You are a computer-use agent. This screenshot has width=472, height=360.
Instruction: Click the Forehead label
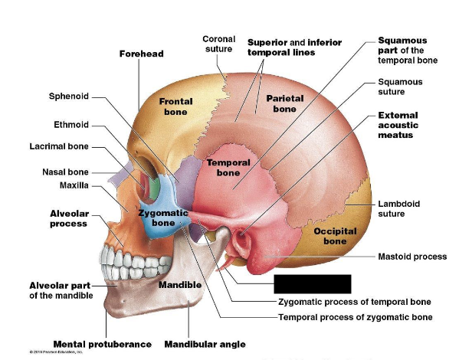coord(141,54)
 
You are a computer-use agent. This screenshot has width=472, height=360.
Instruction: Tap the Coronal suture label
coord(218,44)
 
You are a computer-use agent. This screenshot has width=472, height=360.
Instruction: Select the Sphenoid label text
coord(69,97)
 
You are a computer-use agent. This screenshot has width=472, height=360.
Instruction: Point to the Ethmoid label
coord(71,125)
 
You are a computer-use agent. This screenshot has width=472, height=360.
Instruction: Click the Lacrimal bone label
coord(59,146)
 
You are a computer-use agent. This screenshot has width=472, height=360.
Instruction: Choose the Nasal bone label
coord(65,172)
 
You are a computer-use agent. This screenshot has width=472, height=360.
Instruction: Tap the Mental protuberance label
coord(102,344)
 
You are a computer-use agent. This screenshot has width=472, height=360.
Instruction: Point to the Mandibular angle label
coord(205,344)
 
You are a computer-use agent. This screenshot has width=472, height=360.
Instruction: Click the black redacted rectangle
coord(312,283)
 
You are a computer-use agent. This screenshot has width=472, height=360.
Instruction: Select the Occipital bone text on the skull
coord(334,236)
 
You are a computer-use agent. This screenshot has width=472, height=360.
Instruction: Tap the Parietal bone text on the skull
coord(284,103)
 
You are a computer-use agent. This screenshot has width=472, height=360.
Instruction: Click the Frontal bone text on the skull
coord(175,106)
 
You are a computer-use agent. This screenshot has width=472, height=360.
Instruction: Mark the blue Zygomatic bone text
coord(163,217)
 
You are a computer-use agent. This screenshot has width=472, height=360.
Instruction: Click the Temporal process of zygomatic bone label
coord(355,316)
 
